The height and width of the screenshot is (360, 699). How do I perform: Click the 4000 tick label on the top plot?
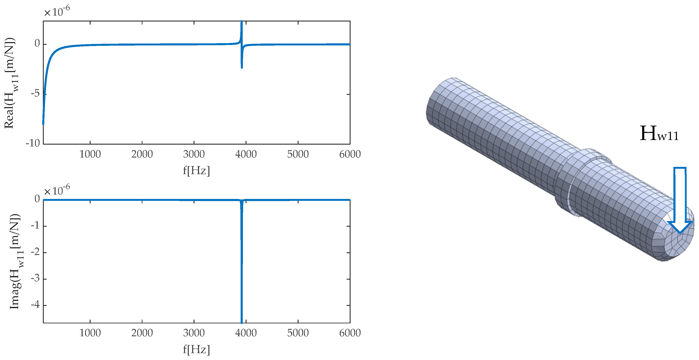point(246,154)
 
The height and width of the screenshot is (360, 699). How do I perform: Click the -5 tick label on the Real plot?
point(35,94)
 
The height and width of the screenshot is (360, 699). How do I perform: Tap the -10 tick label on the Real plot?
point(33,143)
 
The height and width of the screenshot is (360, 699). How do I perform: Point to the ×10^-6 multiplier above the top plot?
point(57,11)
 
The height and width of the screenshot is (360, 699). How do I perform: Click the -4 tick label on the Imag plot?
point(35,305)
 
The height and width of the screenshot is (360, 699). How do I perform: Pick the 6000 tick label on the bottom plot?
point(350,333)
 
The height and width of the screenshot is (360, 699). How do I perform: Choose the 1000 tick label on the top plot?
point(90,154)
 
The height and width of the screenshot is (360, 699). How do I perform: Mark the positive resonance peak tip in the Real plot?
point(241,21)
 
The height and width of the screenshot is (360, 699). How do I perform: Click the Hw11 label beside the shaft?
point(659,134)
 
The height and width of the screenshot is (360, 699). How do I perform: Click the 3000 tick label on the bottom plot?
point(194,333)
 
